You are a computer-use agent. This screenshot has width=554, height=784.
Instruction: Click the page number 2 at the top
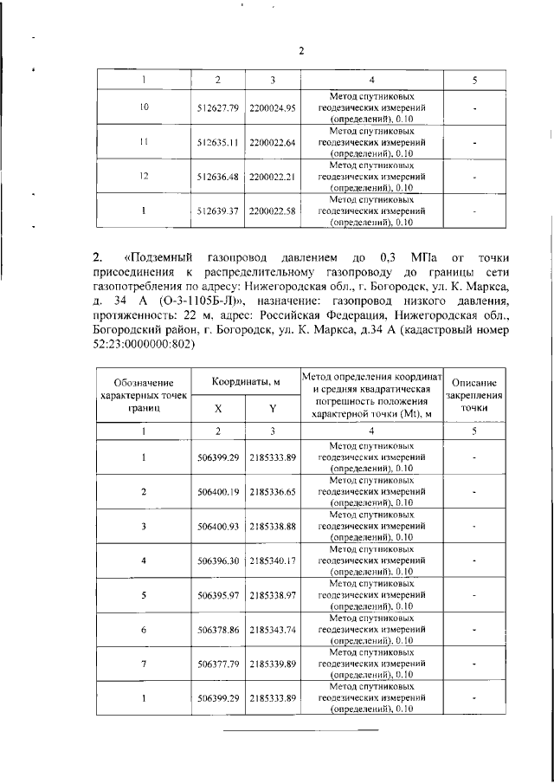tap(302, 50)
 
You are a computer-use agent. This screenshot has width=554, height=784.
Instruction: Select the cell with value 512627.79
tap(217, 108)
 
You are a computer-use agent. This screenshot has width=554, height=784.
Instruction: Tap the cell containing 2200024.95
tap(273, 108)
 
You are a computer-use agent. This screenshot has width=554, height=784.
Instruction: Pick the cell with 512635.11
tap(217, 142)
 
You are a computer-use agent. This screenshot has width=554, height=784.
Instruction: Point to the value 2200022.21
tap(273, 176)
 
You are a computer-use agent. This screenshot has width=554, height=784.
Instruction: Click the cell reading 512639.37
tap(217, 211)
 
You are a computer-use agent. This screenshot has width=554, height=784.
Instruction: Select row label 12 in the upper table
tap(143, 176)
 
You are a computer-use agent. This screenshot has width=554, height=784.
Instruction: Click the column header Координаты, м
tap(245, 382)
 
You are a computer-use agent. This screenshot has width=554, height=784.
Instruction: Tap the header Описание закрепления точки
tap(475, 394)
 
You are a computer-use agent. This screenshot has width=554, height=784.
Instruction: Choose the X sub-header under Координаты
tap(217, 408)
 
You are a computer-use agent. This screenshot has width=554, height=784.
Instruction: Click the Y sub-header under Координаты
tap(273, 408)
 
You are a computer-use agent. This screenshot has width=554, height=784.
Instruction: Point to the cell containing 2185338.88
tap(273, 526)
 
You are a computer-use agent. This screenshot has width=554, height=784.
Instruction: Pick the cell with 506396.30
tap(217, 560)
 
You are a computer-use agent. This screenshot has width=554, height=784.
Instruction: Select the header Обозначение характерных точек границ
tap(143, 394)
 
